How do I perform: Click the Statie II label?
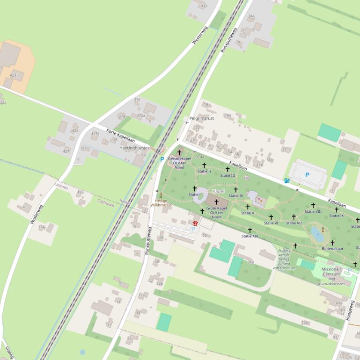(204, 172)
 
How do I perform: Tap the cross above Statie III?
(228, 169)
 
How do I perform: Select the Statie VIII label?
(313, 211)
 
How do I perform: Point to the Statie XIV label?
(250, 236)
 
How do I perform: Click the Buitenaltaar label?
(332, 249)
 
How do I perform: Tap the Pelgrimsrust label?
(202, 118)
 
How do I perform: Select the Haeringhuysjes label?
(134, 148)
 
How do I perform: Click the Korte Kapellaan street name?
(120, 135)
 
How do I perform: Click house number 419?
(204, 6)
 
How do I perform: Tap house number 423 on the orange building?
(13, 75)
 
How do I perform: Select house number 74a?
(251, 16)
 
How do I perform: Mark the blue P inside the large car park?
(307, 175)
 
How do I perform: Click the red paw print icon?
(194, 223)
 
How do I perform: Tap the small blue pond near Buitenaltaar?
(317, 234)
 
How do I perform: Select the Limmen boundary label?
(61, 187)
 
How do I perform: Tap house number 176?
(80, 193)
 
